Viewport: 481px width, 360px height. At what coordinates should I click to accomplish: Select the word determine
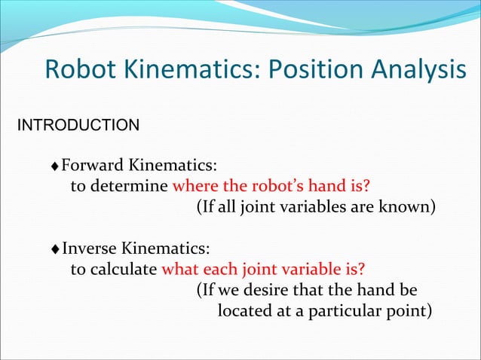coord(133,186)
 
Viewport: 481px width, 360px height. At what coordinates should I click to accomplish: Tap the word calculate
coord(127,269)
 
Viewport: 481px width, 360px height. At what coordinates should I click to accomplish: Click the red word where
coord(196,186)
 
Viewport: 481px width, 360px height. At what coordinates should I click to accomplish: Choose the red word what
coord(181,269)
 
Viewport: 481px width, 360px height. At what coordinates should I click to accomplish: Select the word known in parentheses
coord(410,207)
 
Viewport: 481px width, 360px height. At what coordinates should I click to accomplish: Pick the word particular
coord(351,310)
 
